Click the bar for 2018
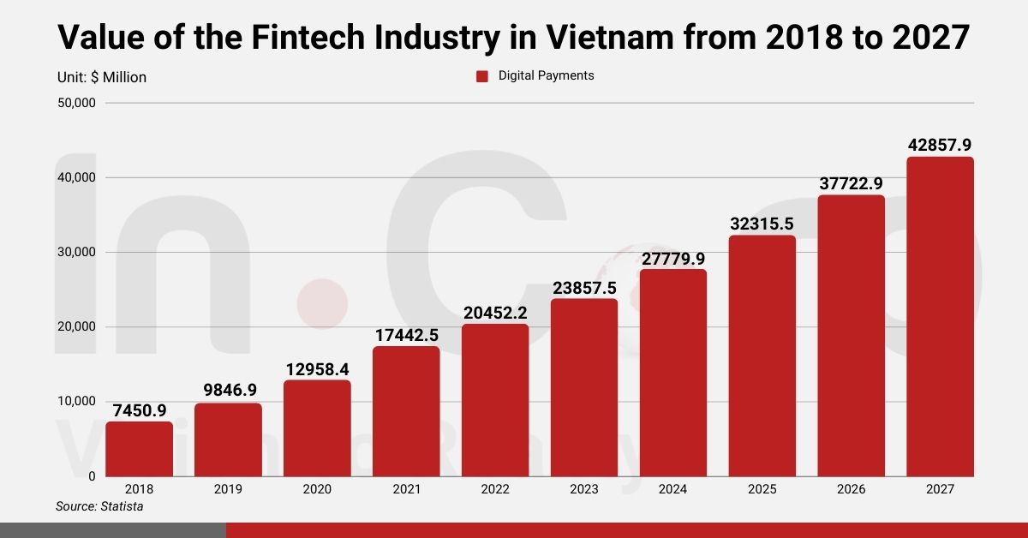139,448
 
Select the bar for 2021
406,411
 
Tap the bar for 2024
673,373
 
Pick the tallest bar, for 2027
940,316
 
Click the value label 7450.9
139,410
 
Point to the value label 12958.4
317,369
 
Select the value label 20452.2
495,313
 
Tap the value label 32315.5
762,224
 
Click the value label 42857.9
940,145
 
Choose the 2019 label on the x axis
228,489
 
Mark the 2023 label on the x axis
584,489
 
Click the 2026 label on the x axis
851,489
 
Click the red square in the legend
481,76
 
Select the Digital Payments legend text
546,75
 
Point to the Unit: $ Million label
102,77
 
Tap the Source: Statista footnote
99,507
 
